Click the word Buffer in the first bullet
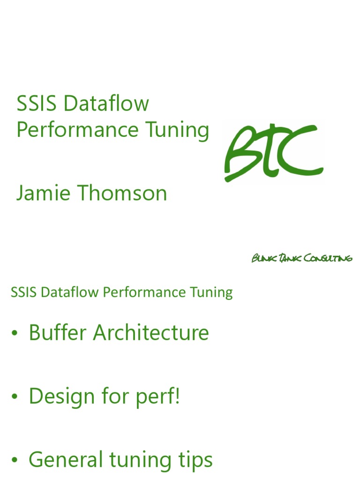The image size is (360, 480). coord(58,333)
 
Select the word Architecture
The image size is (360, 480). coord(150,333)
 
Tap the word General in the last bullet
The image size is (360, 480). coord(66,460)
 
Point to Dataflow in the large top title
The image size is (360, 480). coord(106,103)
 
